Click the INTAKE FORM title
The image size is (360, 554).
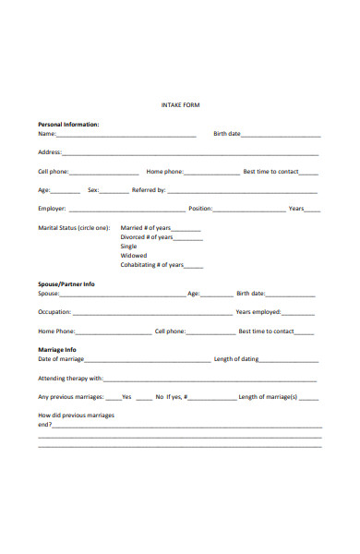point(180,105)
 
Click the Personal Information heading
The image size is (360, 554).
point(68,124)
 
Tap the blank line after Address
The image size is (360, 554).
point(190,153)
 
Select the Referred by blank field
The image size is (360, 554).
point(242,191)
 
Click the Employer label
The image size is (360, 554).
point(51,209)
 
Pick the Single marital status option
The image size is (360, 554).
point(128,247)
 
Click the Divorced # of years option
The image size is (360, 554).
point(147,237)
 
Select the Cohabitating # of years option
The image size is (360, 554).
point(151,265)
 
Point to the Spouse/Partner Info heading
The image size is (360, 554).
point(66,284)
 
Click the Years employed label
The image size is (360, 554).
point(258,312)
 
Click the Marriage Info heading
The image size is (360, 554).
point(56,350)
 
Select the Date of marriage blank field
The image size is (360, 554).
point(147,360)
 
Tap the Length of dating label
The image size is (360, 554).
point(235,359)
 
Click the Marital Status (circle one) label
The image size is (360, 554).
point(74,227)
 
